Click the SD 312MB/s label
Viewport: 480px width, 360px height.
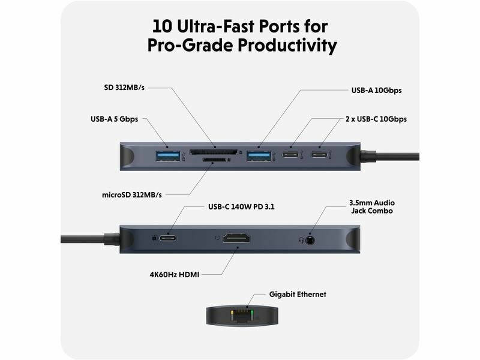[124, 88]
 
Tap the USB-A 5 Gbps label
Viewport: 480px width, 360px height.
[114, 119]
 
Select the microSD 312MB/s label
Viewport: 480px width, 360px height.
[131, 194]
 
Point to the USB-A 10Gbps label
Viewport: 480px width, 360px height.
[376, 91]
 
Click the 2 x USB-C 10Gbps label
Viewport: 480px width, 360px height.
[376, 119]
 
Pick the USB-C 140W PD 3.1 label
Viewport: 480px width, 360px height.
[241, 207]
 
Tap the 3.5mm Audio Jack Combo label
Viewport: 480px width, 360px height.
[371, 206]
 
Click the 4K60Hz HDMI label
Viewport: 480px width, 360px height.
[174, 275]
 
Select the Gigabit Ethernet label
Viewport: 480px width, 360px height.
[298, 294]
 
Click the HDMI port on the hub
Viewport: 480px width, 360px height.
[236, 238]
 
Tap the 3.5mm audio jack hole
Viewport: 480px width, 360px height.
[310, 240]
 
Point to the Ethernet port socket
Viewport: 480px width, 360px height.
[242, 316]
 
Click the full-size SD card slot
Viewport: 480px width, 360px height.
[213, 152]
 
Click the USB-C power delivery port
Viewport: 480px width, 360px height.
[168, 238]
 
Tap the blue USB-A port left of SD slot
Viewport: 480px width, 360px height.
[168, 156]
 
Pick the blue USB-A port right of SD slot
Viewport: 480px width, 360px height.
[259, 156]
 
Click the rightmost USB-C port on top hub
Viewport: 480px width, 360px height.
[319, 154]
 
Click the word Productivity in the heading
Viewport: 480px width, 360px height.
[287, 45]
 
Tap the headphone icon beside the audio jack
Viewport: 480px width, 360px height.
[301, 240]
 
